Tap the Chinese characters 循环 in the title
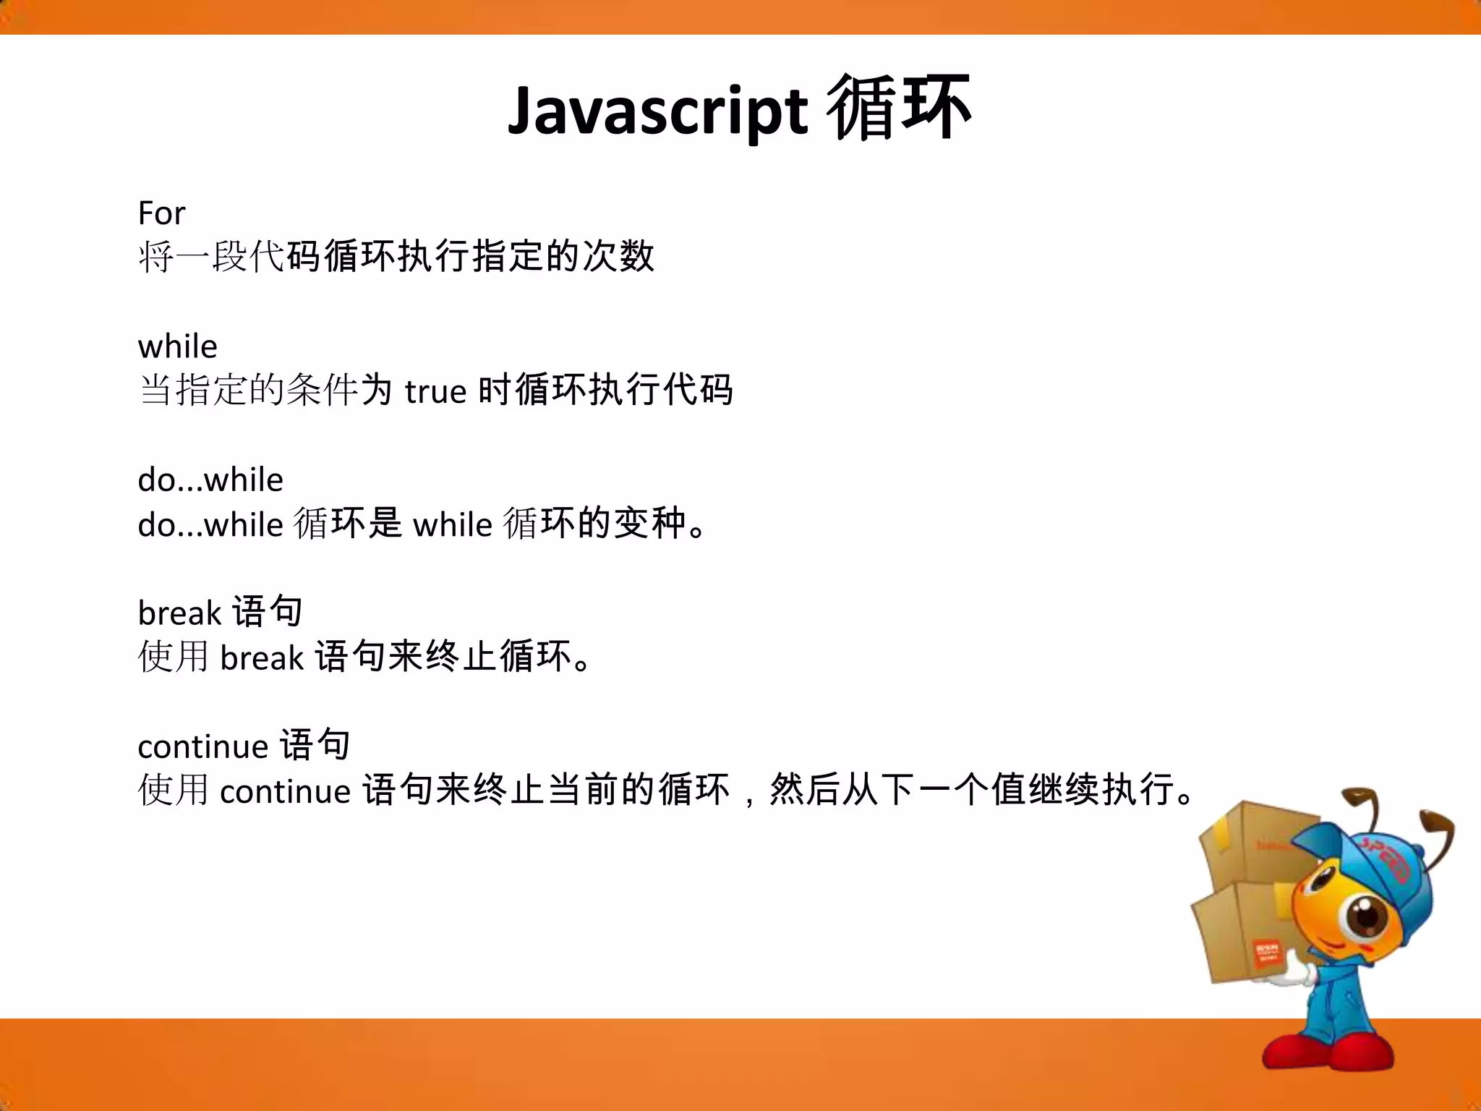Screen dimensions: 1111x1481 [x=898, y=108]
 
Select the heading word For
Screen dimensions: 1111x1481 [x=161, y=213]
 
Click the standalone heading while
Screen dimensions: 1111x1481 [x=177, y=346]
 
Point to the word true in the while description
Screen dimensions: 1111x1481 [x=435, y=391]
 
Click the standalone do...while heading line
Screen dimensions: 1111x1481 [x=210, y=480]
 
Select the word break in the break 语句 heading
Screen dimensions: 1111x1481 [x=179, y=613]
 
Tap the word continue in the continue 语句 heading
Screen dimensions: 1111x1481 [x=203, y=746]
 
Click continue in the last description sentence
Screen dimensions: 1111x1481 [x=285, y=791]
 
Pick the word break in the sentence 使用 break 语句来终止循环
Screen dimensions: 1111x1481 [x=262, y=658]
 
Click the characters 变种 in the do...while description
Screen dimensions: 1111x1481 [x=649, y=523]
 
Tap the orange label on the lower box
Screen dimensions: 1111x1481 [x=1266, y=955]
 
